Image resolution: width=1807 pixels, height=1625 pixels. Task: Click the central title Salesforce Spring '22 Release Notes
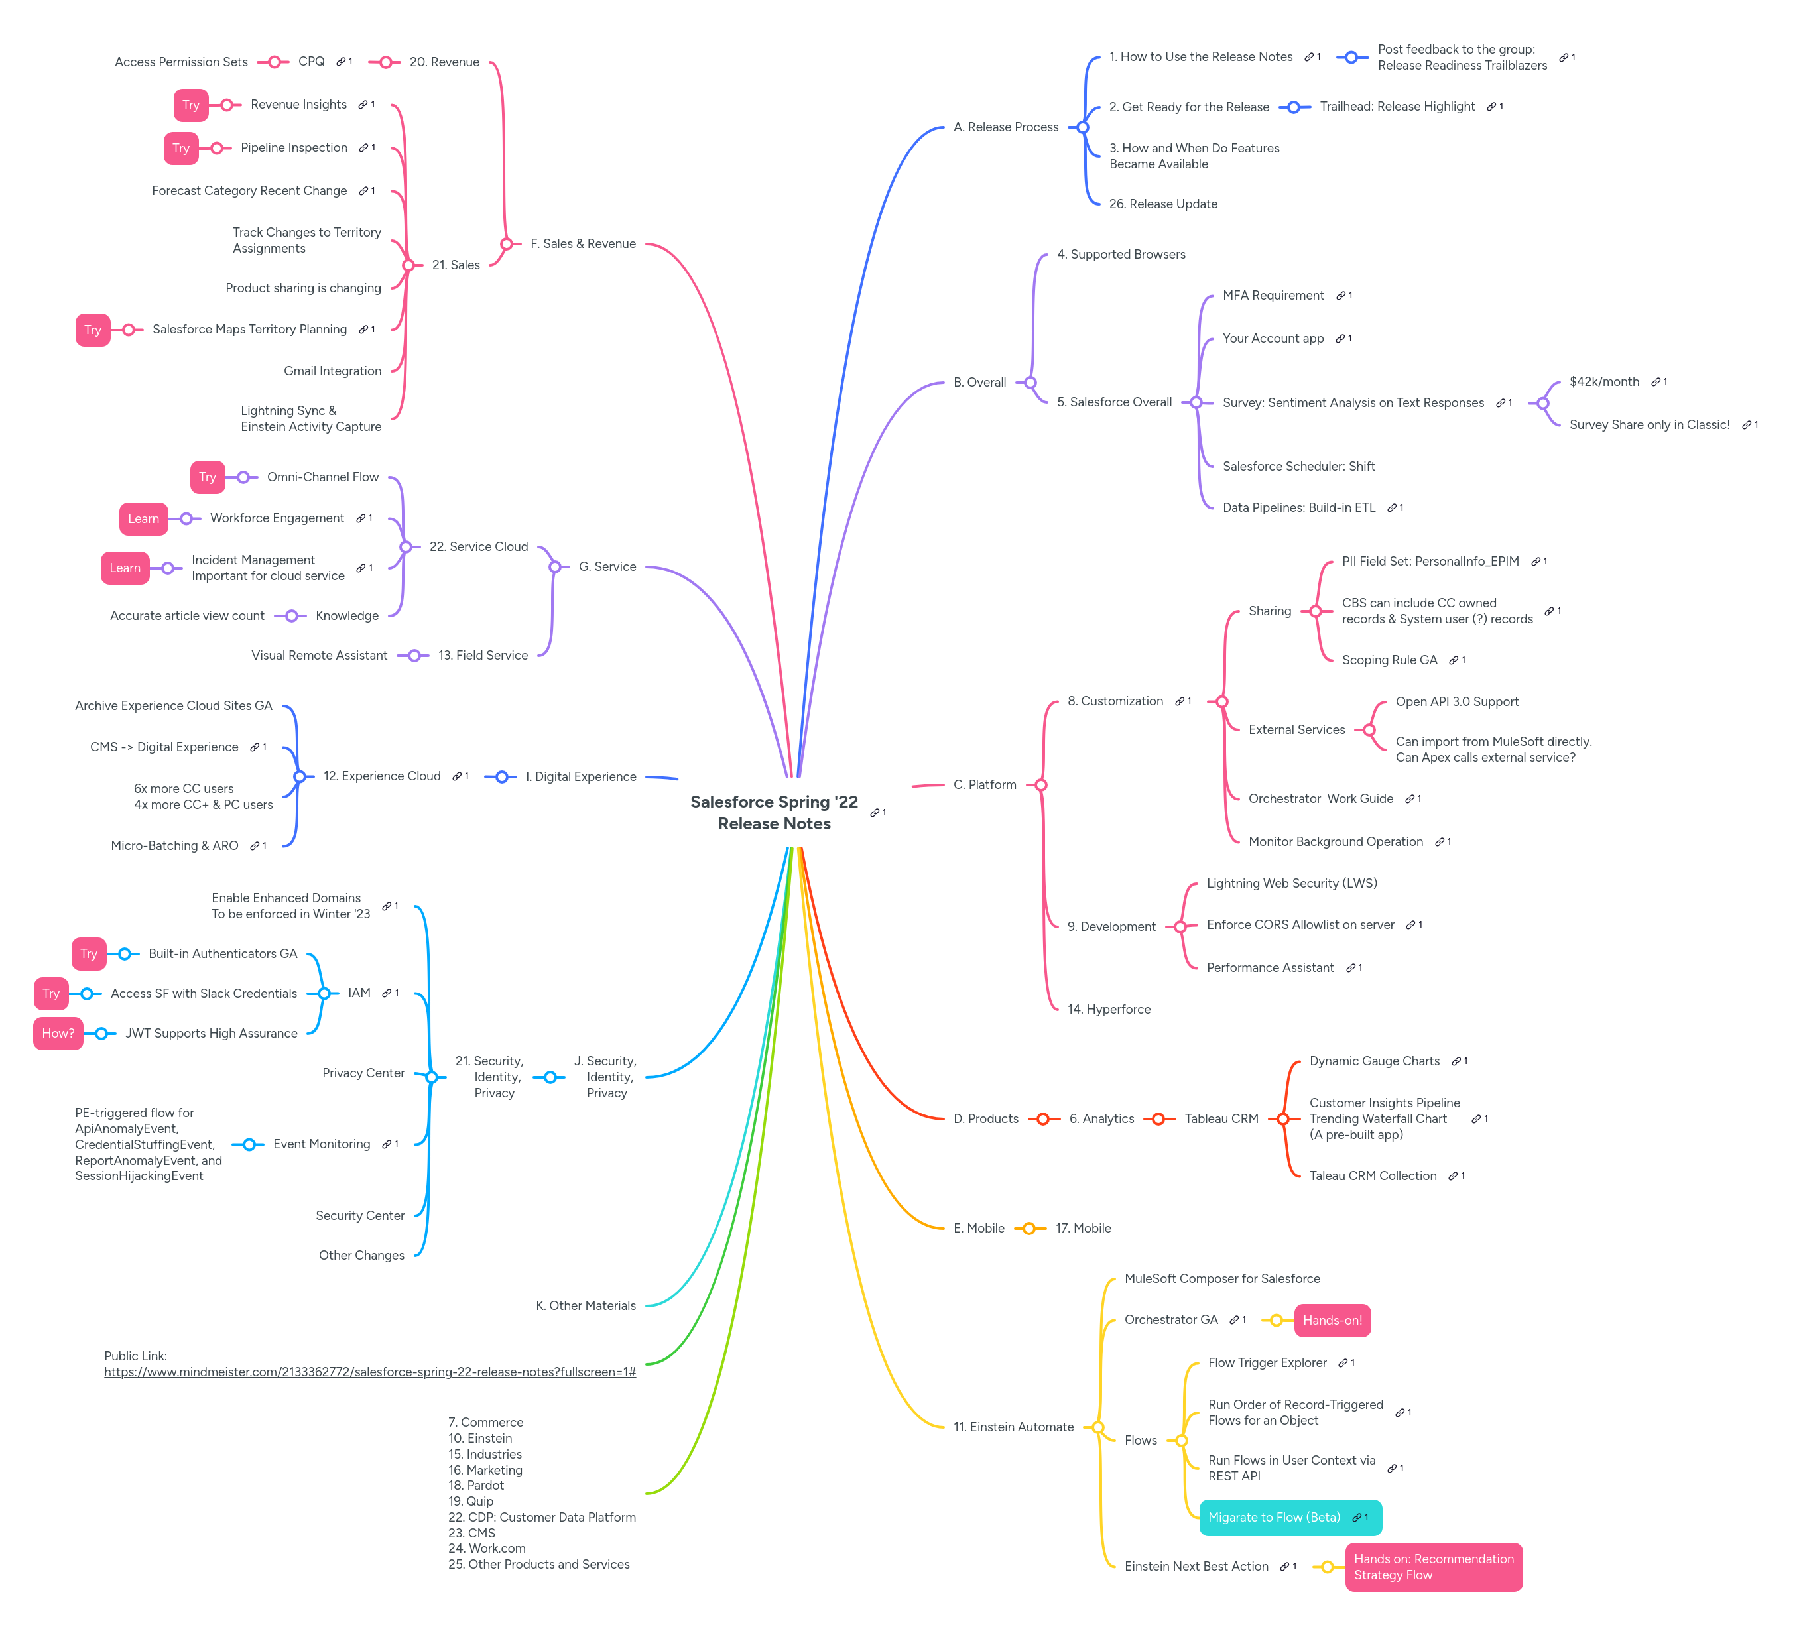(774, 813)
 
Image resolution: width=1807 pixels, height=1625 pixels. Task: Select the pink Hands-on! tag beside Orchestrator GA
(1332, 1321)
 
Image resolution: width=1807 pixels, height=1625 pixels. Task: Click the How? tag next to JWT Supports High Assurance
(58, 1033)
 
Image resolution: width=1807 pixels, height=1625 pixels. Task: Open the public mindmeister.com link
(369, 1372)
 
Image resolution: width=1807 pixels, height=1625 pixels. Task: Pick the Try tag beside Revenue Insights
(191, 105)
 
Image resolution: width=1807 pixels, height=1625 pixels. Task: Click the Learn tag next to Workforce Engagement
(143, 518)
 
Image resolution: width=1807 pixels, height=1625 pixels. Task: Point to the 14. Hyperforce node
(1109, 1009)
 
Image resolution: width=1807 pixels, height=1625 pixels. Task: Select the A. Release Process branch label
(1005, 127)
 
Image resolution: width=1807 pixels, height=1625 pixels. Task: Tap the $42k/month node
(1603, 381)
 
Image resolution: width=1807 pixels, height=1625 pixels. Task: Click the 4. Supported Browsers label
(1121, 255)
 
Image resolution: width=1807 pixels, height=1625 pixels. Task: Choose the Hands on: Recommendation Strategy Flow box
(1433, 1567)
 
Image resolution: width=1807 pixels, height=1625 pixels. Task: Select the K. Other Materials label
(586, 1305)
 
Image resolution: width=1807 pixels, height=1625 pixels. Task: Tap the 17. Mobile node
(1083, 1228)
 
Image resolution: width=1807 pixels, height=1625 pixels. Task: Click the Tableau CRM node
(1220, 1118)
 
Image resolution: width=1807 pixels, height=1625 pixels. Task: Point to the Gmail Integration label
(332, 371)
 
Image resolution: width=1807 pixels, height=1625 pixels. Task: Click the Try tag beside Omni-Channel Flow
(207, 477)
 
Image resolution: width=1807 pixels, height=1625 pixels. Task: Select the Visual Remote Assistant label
(319, 655)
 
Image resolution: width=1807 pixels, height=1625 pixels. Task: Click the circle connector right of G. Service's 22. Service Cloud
(554, 566)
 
